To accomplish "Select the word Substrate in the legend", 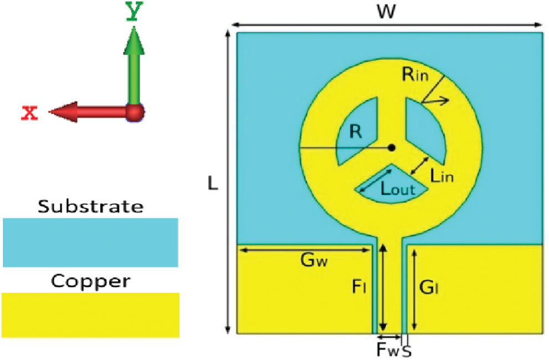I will point(90,207).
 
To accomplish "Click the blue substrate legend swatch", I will point(90,242).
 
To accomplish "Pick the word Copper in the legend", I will point(90,281).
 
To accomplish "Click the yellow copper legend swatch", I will point(90,315).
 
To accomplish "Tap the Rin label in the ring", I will point(414,75).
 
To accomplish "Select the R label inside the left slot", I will point(356,132).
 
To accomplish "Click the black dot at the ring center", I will point(392,147).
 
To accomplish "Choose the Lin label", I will point(442,176).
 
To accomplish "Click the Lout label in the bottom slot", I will point(397,189).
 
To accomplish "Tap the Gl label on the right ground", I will point(428,287).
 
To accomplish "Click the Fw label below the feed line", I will point(384,349).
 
